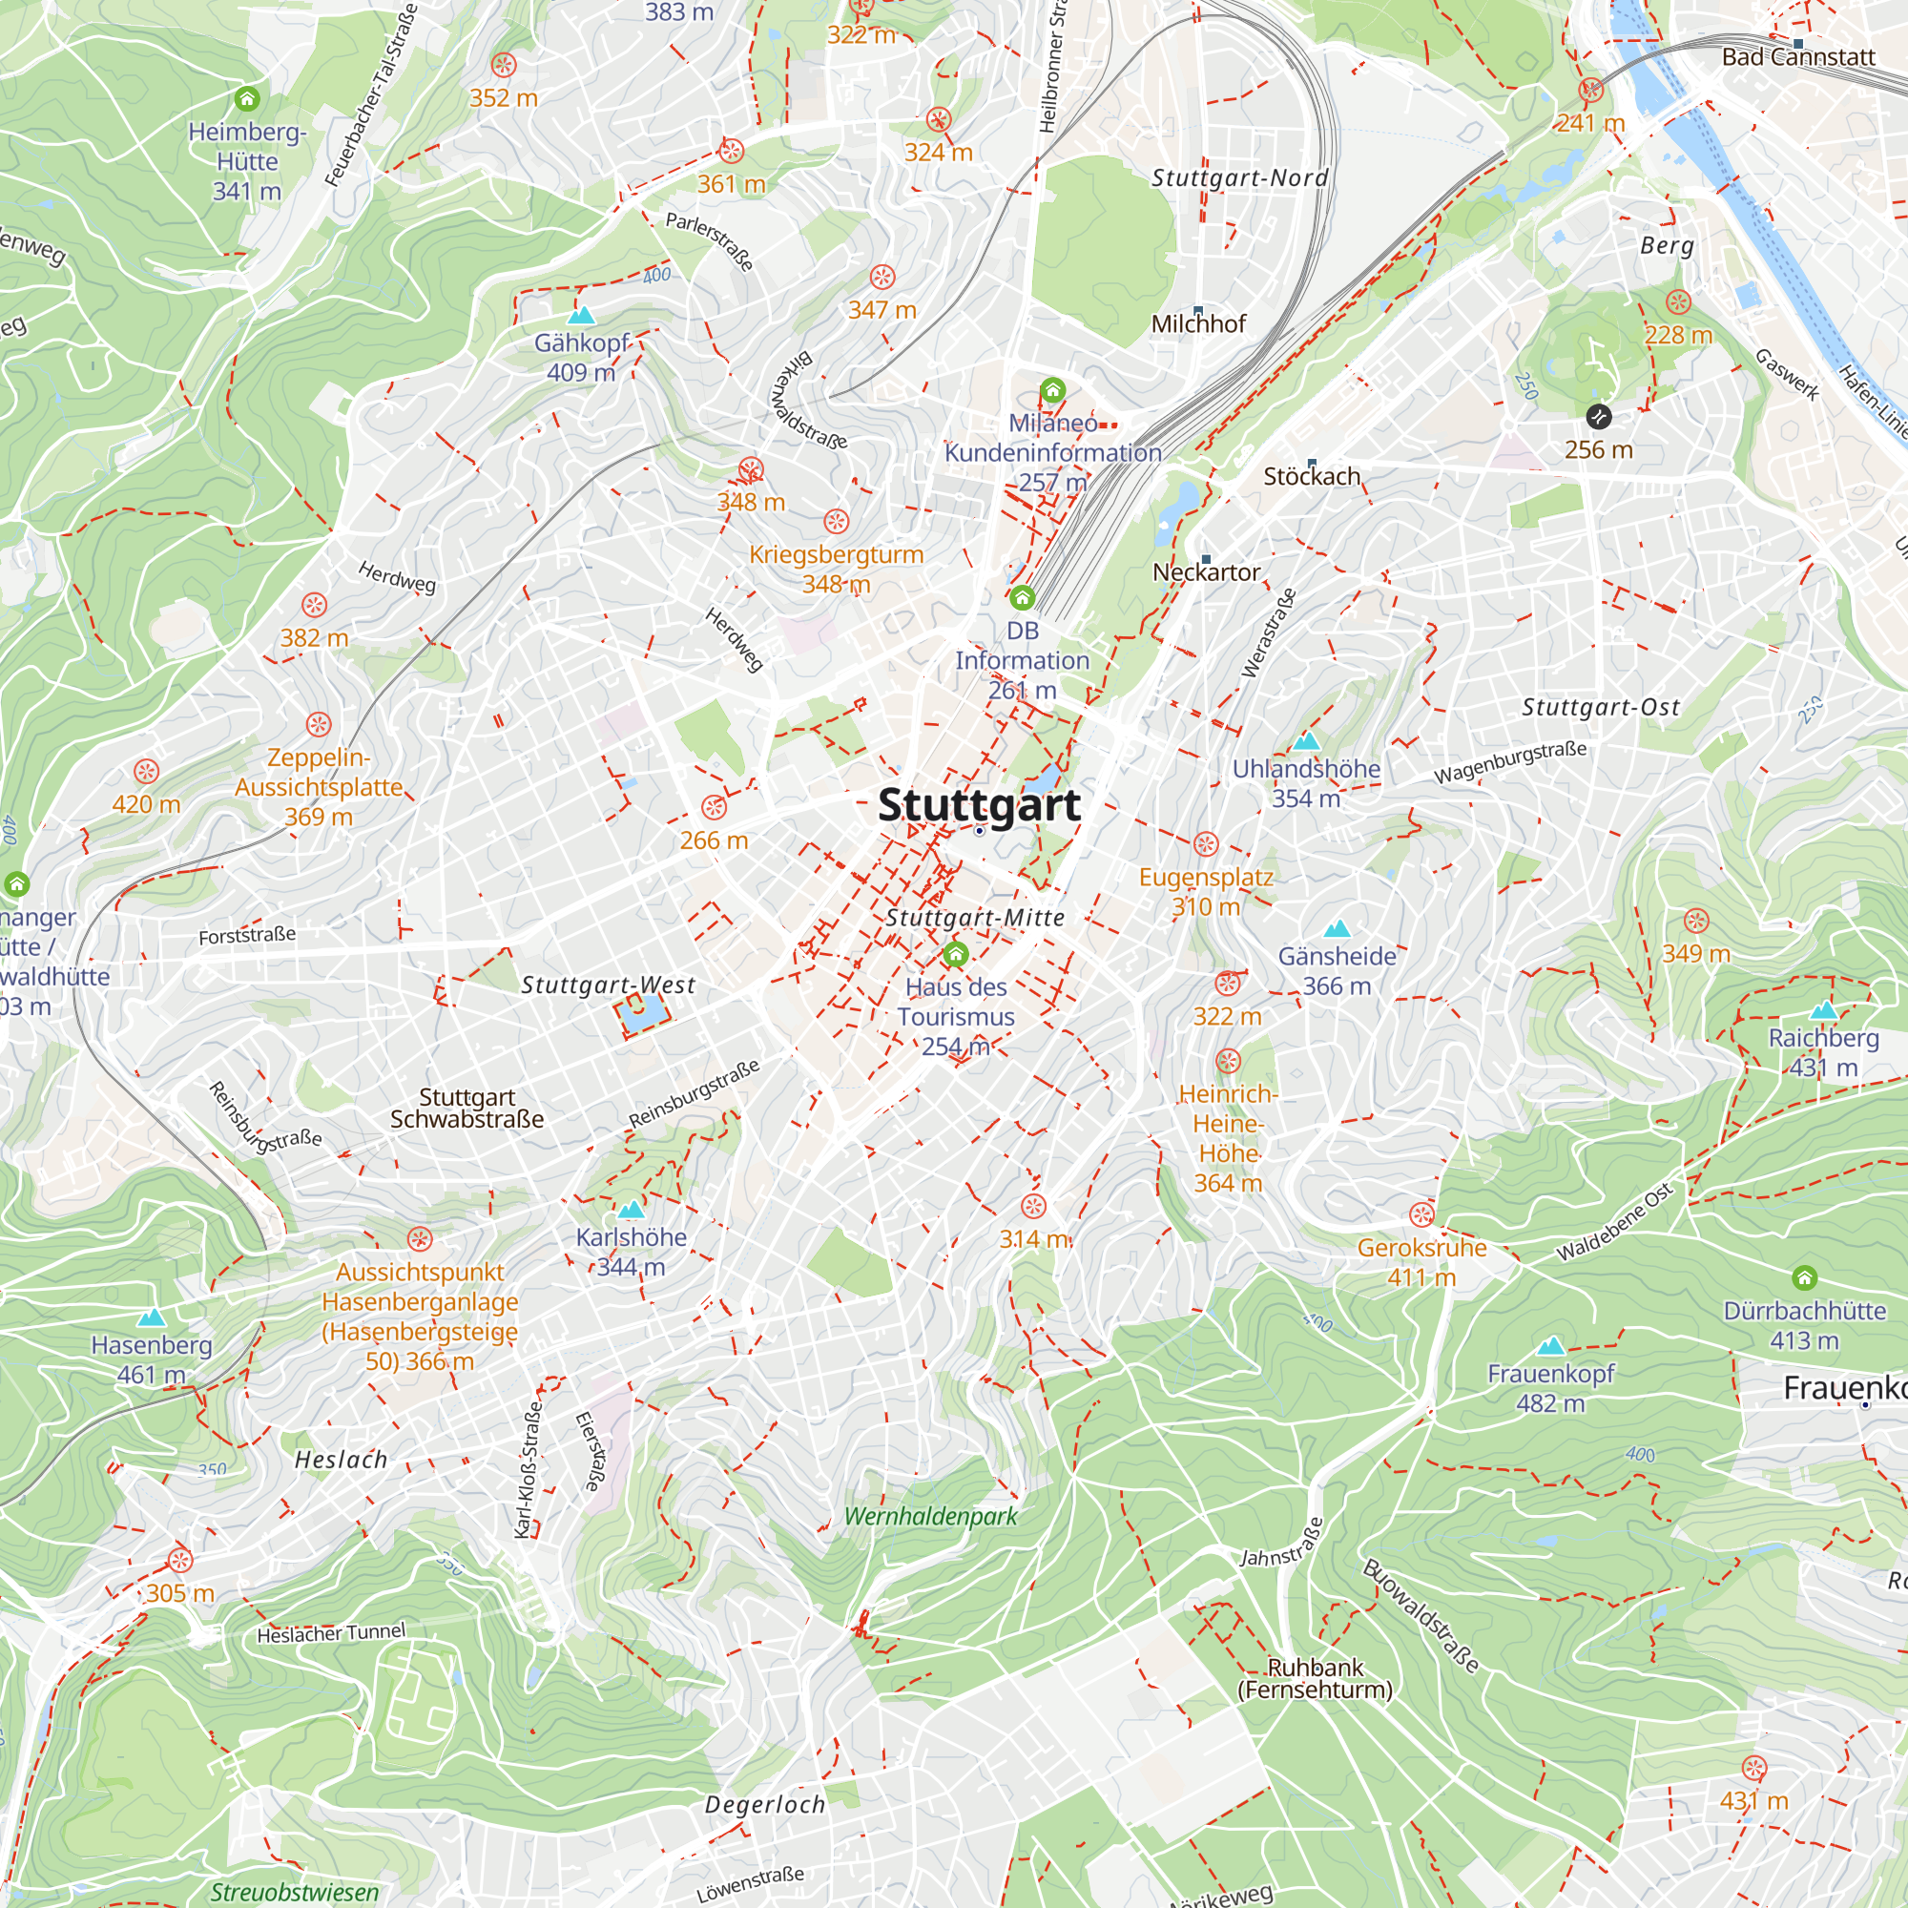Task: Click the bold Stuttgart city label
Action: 979,805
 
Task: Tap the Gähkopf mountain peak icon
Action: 582,316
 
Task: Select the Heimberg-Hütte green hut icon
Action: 247,99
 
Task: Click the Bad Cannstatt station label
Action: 1797,57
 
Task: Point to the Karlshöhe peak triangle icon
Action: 631,1209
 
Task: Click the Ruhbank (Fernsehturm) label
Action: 1315,1679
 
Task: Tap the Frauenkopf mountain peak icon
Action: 1550,1346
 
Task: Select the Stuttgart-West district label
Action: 609,985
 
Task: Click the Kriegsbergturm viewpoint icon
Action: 837,522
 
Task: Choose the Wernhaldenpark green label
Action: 930,1516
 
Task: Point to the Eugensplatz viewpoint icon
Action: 1206,844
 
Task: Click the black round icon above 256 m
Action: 1598,417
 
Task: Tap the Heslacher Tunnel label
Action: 331,1633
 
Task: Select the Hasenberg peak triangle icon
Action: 151,1317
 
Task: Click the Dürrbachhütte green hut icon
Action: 1804,1278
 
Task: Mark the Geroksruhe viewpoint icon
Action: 1421,1214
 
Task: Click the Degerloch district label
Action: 765,1804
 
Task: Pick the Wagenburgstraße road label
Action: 1510,762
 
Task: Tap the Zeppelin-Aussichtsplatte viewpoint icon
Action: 318,726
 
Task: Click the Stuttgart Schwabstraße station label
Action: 467,1108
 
